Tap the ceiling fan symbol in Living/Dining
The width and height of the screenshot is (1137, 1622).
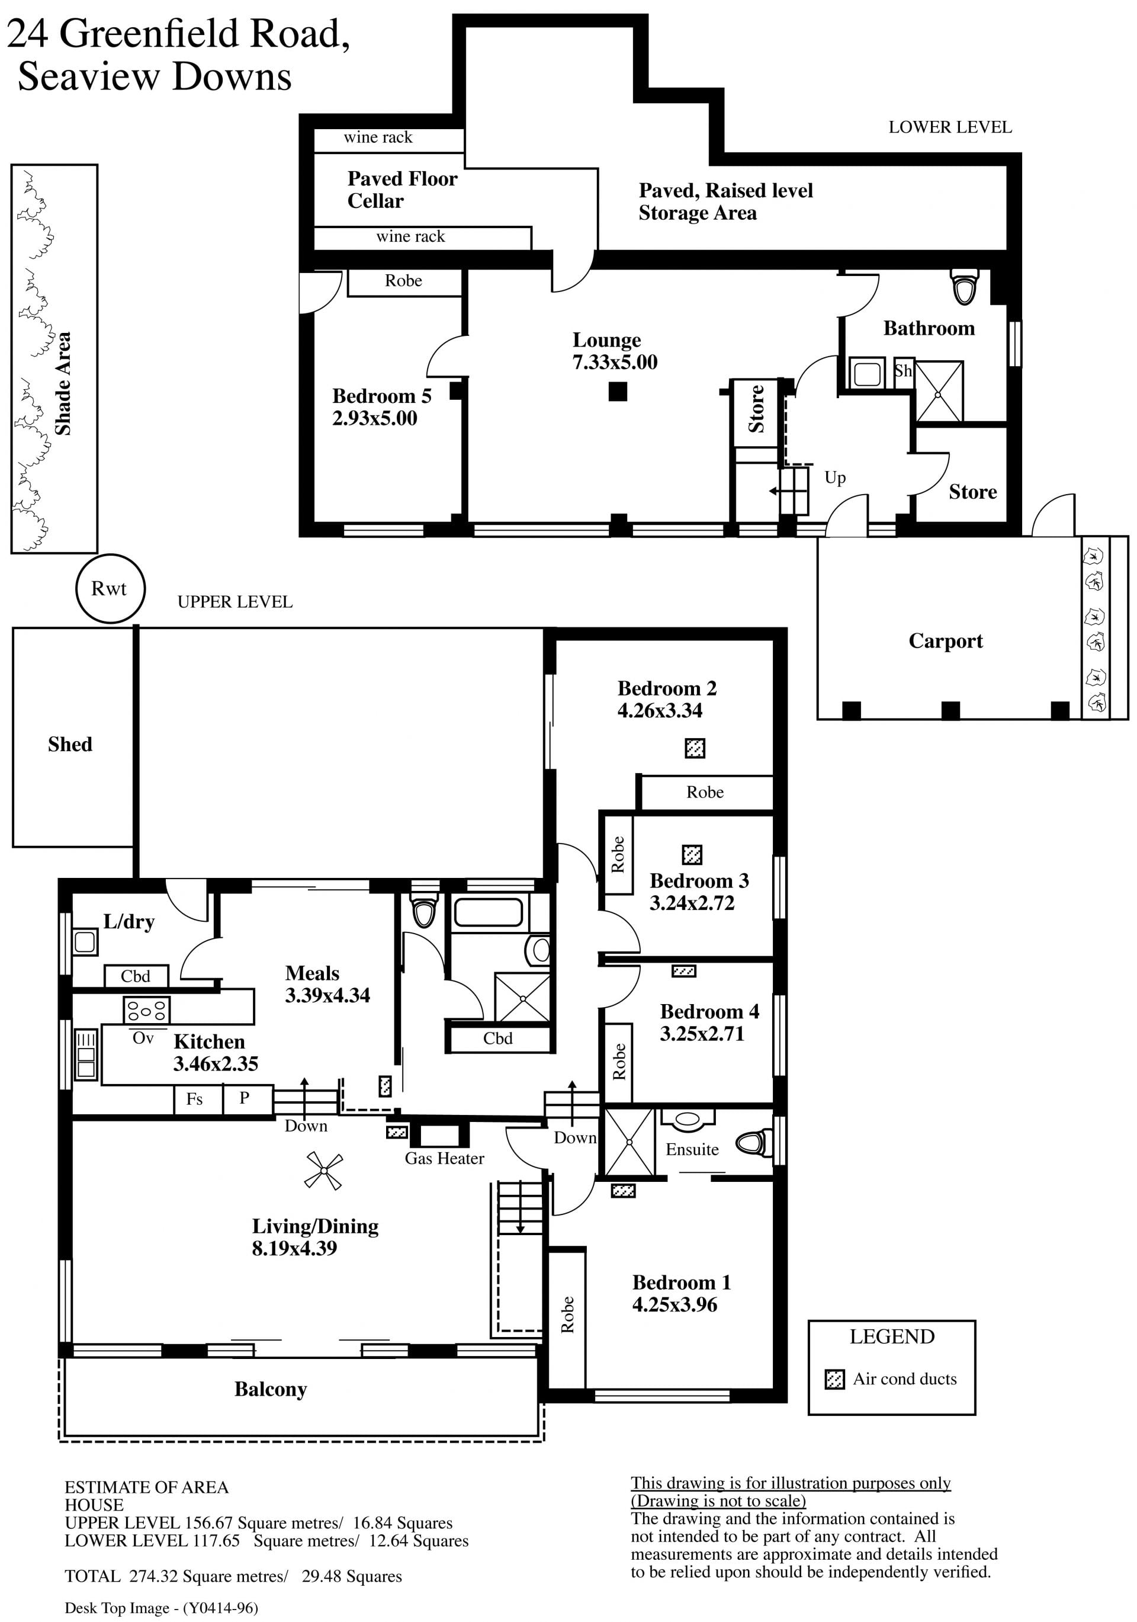[323, 1171]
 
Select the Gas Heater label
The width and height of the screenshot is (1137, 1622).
[444, 1159]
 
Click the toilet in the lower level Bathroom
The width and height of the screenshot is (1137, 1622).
[965, 286]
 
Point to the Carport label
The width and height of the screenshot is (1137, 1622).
[946, 641]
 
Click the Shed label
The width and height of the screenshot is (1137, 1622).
[70, 744]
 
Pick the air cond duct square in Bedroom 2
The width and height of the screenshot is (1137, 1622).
[695, 748]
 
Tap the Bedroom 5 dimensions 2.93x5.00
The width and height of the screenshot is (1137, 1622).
[374, 418]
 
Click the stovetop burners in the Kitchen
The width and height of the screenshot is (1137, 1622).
[146, 1010]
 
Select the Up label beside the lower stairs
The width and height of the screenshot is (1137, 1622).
[835, 478]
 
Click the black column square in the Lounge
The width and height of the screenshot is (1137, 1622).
[617, 392]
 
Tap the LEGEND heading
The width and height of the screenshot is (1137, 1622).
[892, 1336]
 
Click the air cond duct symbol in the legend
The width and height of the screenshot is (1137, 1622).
[835, 1379]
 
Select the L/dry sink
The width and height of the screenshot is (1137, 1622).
[85, 942]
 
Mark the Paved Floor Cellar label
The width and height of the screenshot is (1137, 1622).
[402, 190]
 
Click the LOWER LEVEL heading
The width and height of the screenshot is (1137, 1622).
[950, 127]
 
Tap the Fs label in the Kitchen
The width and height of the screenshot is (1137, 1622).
[194, 1098]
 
